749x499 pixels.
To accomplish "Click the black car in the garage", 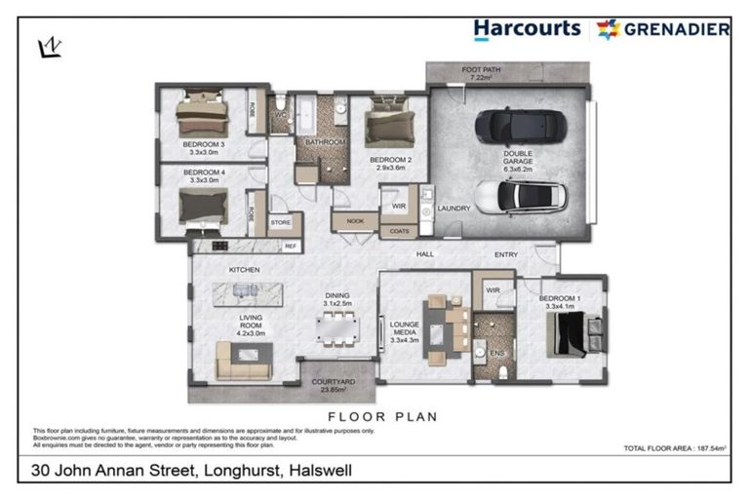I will click(x=515, y=126).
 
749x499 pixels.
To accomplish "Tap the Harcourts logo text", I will click(x=527, y=29).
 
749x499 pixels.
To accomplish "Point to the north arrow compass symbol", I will click(x=48, y=46).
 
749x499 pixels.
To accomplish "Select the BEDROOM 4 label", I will click(x=204, y=175).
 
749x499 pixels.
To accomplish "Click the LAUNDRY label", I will click(x=455, y=208).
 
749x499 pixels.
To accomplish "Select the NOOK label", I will click(x=355, y=220).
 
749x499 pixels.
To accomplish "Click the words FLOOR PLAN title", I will click(x=381, y=416).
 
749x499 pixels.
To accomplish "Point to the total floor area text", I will click(x=676, y=448).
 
